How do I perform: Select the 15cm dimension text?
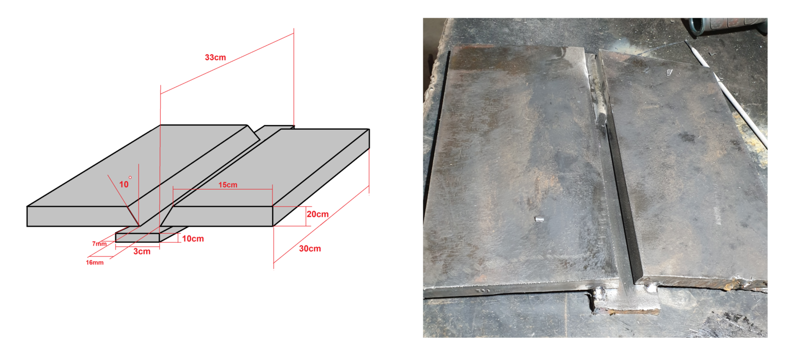[x=228, y=185]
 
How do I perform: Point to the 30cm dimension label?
[x=310, y=249]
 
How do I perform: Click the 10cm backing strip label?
[x=193, y=239]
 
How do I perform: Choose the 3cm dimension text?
[x=142, y=252]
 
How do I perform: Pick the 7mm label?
[x=99, y=244]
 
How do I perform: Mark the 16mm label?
[x=95, y=263]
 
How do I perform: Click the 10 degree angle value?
[x=123, y=184]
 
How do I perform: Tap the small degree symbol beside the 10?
[x=130, y=178]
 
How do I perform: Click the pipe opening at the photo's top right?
[x=698, y=25]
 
